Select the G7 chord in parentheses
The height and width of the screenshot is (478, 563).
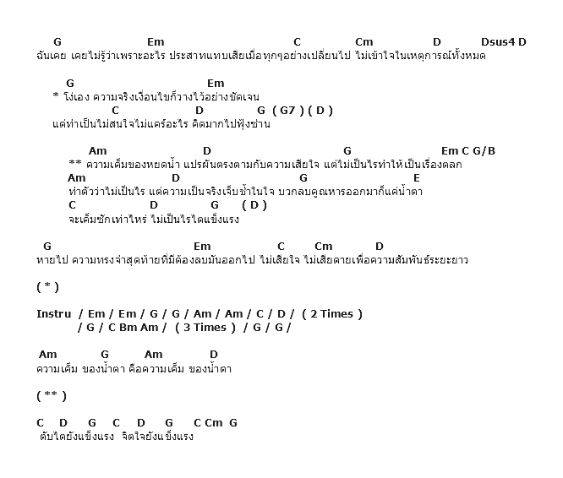pyautogui.click(x=288, y=111)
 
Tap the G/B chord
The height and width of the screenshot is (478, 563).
pyautogui.click(x=484, y=151)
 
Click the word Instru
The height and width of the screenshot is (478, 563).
pyautogui.click(x=53, y=314)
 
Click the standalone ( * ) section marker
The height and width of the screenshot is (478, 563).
pyautogui.click(x=48, y=286)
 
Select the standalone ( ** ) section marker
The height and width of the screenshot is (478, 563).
pyautogui.click(x=52, y=395)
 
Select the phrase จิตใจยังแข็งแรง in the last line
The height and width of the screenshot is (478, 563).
pyautogui.click(x=158, y=437)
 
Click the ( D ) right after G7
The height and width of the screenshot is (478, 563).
pyautogui.click(x=321, y=111)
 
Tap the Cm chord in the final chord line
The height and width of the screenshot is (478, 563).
pyautogui.click(x=213, y=423)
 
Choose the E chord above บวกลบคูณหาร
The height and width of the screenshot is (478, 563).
pyautogui.click(x=417, y=178)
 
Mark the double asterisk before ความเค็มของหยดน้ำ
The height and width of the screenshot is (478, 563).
pyautogui.click(x=74, y=164)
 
